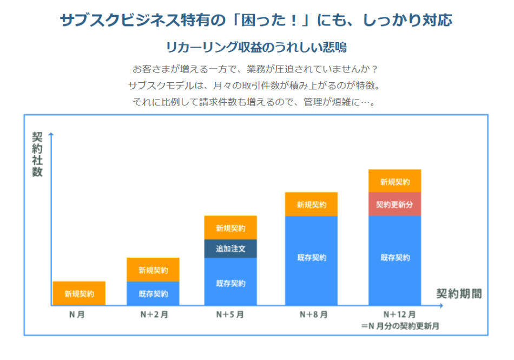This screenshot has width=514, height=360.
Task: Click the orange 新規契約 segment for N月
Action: tap(79, 293)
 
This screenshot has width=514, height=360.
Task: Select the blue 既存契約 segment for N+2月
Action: tap(153, 293)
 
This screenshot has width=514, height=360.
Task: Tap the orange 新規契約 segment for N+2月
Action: tap(153, 270)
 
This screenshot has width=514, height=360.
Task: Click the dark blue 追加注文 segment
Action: tap(230, 248)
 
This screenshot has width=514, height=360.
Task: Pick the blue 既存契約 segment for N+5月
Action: tap(230, 282)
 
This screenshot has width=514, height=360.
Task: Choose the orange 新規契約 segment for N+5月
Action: tap(230, 228)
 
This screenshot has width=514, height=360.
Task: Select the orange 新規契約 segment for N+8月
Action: tap(311, 205)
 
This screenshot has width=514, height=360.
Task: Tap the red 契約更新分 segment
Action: tap(394, 204)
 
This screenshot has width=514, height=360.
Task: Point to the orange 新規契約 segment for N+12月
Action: tap(394, 181)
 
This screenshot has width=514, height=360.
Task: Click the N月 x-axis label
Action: tap(77, 315)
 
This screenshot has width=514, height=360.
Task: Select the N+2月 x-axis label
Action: tap(153, 315)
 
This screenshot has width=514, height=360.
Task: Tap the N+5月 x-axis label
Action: tap(230, 315)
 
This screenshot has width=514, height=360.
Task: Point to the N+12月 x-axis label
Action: tap(399, 315)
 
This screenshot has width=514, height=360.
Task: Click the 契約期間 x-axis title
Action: tap(459, 294)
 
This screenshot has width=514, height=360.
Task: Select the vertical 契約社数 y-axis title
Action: tap(37, 154)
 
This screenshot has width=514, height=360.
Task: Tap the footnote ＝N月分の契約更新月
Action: tap(400, 326)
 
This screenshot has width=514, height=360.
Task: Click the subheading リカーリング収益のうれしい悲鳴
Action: tap(256, 47)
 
